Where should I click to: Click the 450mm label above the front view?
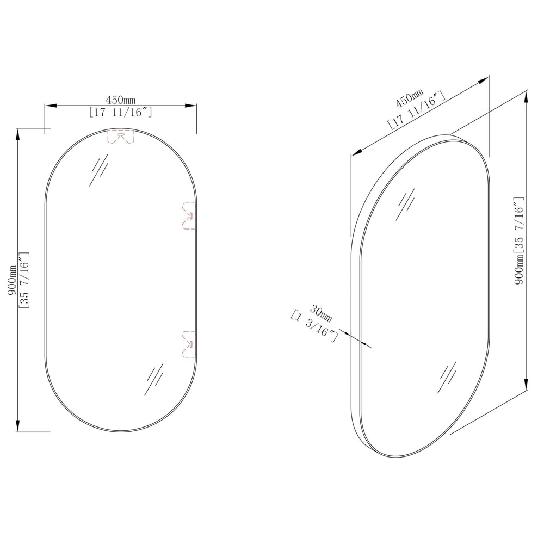point(120,100)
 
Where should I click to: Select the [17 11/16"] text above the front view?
point(120,113)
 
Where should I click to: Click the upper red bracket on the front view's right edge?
point(189,216)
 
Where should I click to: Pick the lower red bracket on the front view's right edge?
point(188,345)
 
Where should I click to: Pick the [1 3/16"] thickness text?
point(314,326)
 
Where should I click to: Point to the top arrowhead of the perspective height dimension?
point(526,96)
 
